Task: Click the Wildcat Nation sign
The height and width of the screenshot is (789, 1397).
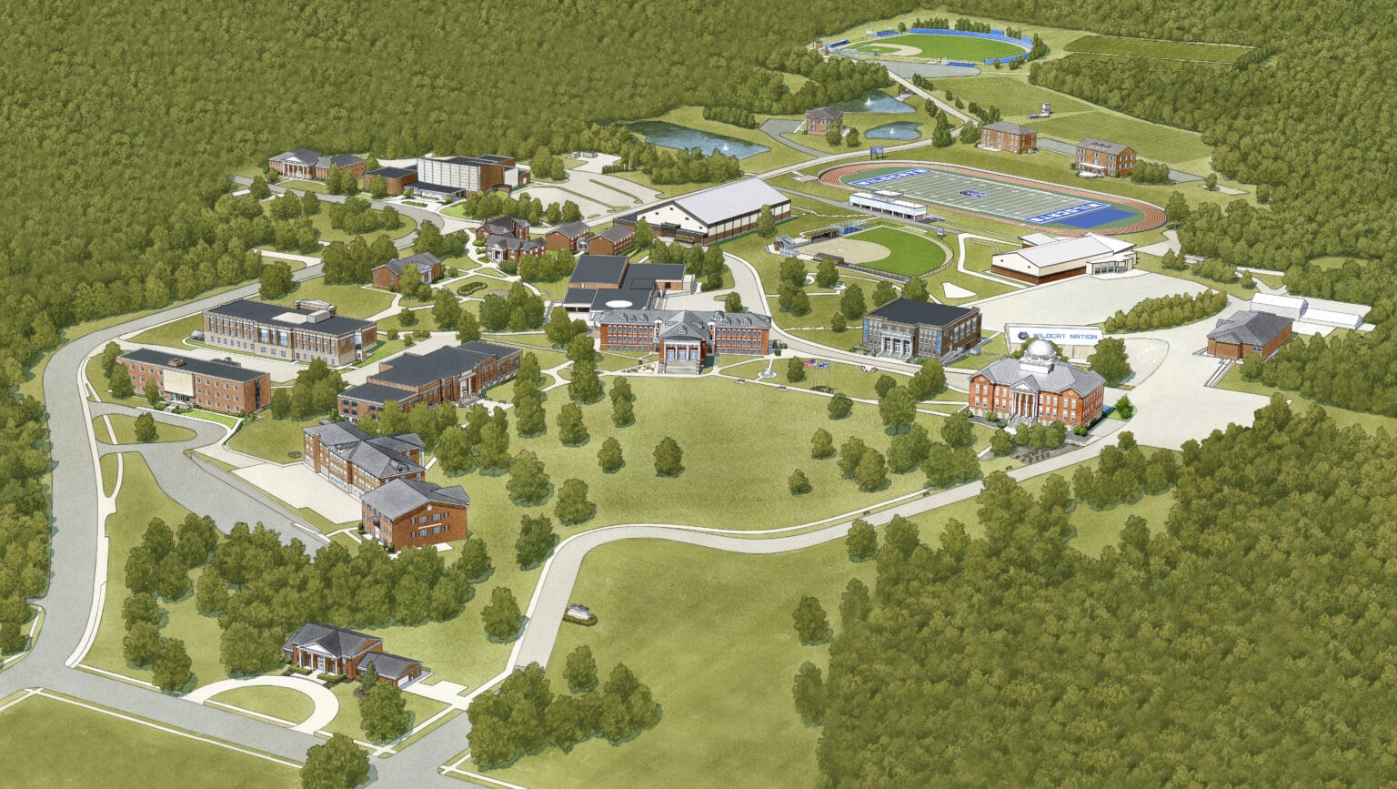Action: [x=1054, y=334]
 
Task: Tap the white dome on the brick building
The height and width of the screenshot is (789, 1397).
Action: [x=1040, y=349]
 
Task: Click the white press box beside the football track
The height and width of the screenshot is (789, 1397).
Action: [x=887, y=205]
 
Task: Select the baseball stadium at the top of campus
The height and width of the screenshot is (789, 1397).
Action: [x=932, y=46]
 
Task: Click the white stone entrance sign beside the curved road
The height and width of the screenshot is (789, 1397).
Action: [x=578, y=615]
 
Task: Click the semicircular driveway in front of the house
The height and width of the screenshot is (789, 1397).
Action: [x=263, y=695]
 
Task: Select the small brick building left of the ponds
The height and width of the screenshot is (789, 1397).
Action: [x=824, y=119]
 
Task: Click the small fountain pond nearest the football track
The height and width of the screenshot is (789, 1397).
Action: [x=892, y=131]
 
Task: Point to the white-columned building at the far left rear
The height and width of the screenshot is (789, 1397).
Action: [x=294, y=164]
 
